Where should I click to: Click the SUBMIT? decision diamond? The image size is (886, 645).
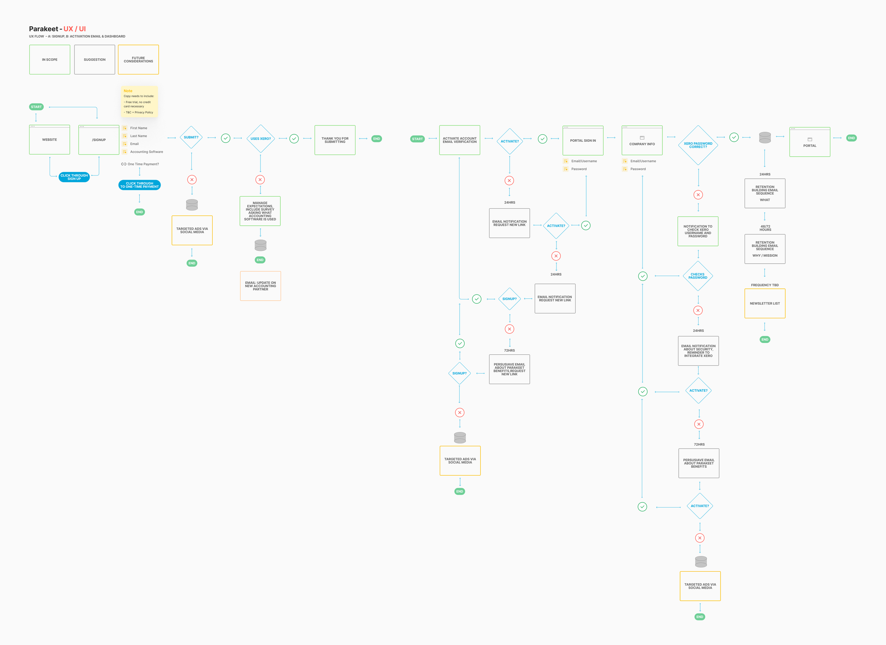click(191, 138)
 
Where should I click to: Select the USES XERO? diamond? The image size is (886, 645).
click(260, 139)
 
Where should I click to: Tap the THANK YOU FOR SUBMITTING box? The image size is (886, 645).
click(335, 140)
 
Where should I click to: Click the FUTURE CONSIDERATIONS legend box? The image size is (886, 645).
click(138, 60)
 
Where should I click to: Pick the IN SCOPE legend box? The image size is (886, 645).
click(50, 60)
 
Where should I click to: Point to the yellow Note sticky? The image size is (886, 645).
click(139, 102)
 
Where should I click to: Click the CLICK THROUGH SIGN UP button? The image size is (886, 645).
click(74, 177)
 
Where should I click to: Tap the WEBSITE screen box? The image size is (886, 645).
click(50, 140)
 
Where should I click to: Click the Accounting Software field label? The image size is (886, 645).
click(146, 152)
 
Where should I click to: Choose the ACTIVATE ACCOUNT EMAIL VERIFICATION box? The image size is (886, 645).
click(459, 140)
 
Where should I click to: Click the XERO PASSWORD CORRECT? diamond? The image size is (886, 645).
click(698, 145)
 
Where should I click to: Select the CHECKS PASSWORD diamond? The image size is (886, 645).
click(698, 276)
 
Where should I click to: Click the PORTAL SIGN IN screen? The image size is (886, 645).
click(583, 141)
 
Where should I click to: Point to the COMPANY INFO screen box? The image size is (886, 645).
click(642, 141)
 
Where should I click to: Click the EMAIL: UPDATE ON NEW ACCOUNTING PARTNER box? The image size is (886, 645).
click(260, 286)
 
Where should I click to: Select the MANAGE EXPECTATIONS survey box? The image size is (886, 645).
click(260, 211)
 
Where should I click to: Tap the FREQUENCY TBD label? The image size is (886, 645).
click(764, 285)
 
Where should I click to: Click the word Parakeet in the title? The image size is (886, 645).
click(43, 29)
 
